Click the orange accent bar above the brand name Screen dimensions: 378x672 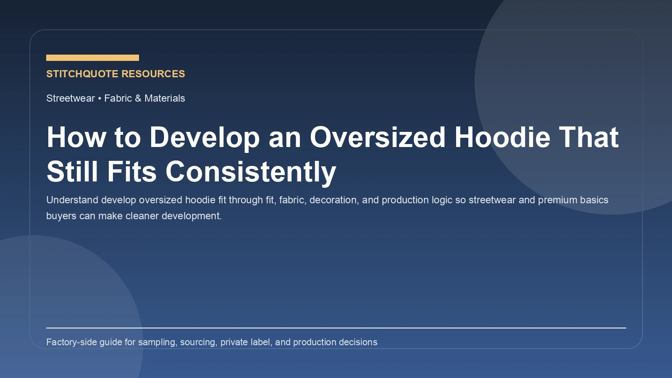tap(92, 58)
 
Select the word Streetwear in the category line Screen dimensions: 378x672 tap(71, 98)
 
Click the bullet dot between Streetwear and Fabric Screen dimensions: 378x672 tap(100, 98)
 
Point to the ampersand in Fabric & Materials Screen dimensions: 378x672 tap(138, 98)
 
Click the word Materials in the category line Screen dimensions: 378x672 tap(165, 98)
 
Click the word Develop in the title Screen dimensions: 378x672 tap(205, 137)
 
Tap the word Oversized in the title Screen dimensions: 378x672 tap(378, 137)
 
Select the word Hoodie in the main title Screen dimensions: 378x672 tap(502, 137)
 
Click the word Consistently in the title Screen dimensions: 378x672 tap(251, 172)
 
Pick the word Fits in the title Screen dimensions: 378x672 tap(131, 172)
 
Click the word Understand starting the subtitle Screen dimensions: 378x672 tap(72, 200)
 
